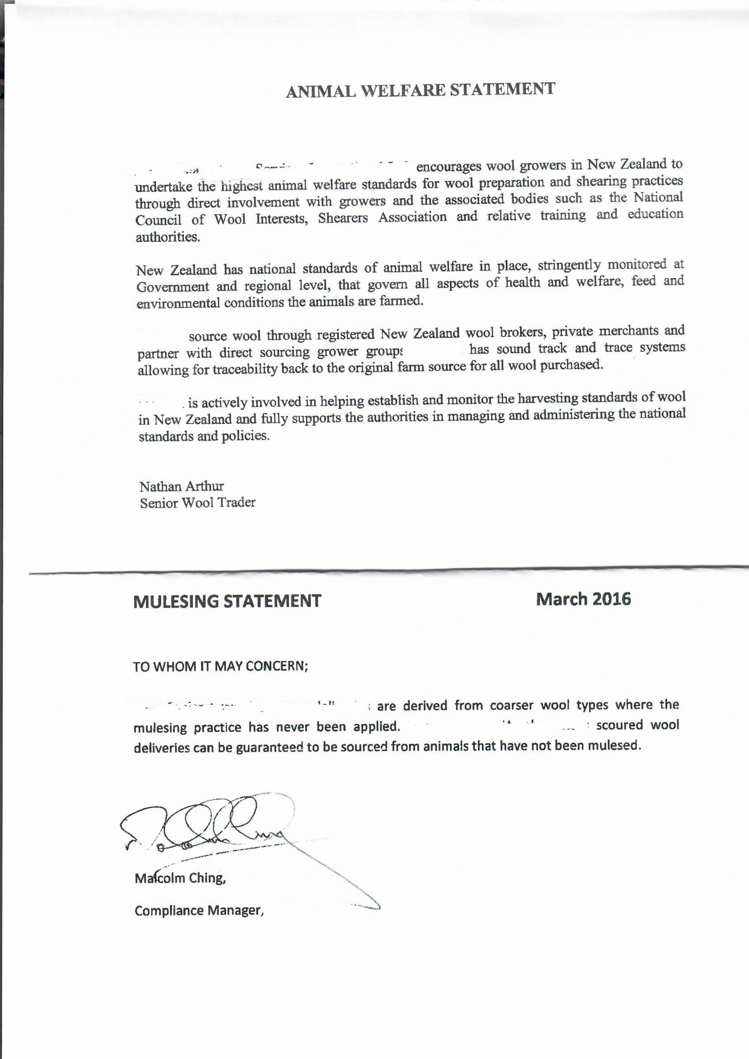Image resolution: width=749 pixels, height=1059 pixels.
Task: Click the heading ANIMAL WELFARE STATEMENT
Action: coord(420,90)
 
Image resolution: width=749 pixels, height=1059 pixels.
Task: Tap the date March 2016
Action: coord(583,599)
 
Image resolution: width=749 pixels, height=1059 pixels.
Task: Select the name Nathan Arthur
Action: coord(181,486)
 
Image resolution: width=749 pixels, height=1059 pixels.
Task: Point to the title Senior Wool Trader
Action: coord(197,503)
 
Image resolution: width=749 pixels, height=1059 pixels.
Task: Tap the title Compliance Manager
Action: coord(199,911)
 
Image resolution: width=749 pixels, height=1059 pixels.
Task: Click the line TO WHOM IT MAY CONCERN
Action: coord(221,667)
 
